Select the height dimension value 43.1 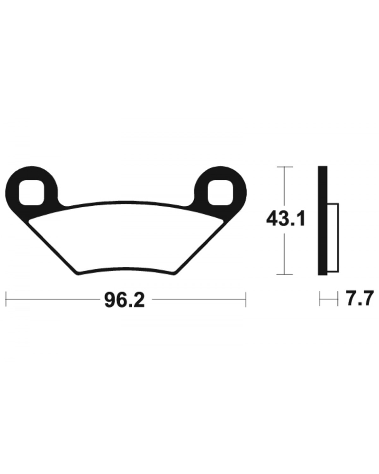(x=286, y=219)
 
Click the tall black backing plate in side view (x=322, y=221)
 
